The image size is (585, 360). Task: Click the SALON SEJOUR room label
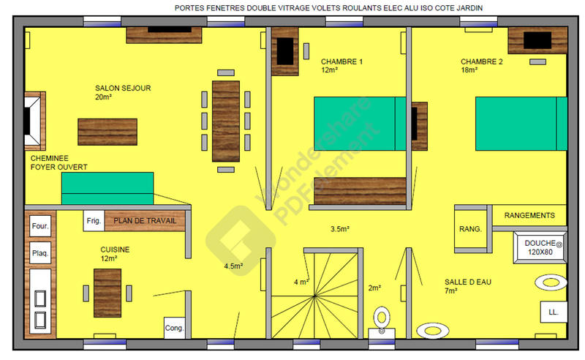click(123, 88)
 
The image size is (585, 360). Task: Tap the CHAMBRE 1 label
click(341, 62)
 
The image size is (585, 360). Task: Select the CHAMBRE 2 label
click(481, 62)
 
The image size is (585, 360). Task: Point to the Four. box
click(39, 227)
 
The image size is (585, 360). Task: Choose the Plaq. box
click(39, 254)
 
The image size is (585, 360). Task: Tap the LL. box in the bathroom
click(552, 312)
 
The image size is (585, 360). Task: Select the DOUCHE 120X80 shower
click(541, 247)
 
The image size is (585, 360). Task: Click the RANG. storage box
click(470, 230)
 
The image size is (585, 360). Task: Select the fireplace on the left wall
click(32, 119)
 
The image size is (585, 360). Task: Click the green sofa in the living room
click(107, 188)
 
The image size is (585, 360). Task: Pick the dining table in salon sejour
click(225, 120)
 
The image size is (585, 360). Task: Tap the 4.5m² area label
click(233, 266)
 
